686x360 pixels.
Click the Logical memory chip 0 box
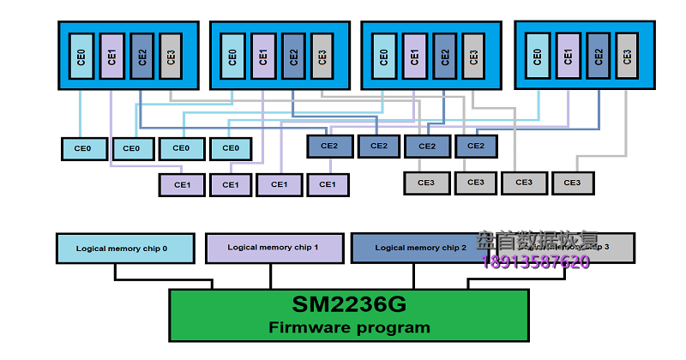(122, 249)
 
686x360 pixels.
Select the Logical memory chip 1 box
(273, 248)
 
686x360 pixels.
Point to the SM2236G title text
(349, 304)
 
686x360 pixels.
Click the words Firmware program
(349, 327)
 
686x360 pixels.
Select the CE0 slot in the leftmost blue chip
(81, 57)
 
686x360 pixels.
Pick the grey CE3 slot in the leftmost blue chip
(171, 57)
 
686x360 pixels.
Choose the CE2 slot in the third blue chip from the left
(444, 57)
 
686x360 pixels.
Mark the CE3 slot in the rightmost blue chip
(627, 57)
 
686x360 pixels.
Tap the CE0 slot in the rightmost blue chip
(538, 57)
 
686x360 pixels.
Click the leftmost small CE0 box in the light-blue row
(83, 149)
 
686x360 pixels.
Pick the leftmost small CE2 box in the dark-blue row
(328, 147)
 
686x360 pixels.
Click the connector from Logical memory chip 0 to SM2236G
(117, 272)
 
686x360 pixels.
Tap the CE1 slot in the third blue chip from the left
(414, 57)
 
